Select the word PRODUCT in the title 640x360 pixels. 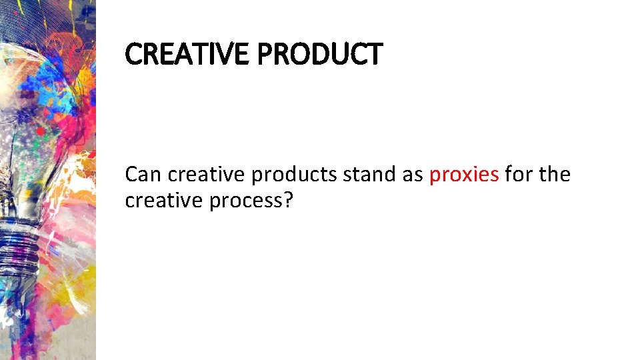point(319,54)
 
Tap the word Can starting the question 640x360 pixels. point(143,175)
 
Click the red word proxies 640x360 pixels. point(464,175)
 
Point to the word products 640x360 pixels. point(294,175)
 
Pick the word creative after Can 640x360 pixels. point(207,175)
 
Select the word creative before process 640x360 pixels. point(164,201)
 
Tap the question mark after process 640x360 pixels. point(289,201)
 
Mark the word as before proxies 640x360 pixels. point(413,175)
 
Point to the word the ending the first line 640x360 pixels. point(554,175)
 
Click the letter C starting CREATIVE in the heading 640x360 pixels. point(133,54)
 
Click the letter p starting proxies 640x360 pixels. point(435,177)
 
